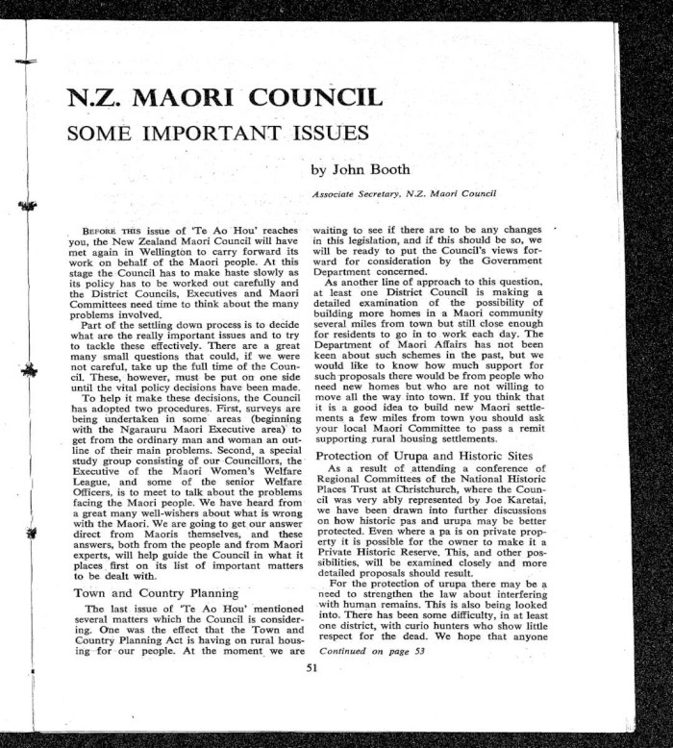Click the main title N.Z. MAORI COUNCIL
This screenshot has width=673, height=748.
pos(223,98)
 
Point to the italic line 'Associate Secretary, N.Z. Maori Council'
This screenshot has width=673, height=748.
pos(403,195)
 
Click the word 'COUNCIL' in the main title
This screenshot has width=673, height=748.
pos(313,98)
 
